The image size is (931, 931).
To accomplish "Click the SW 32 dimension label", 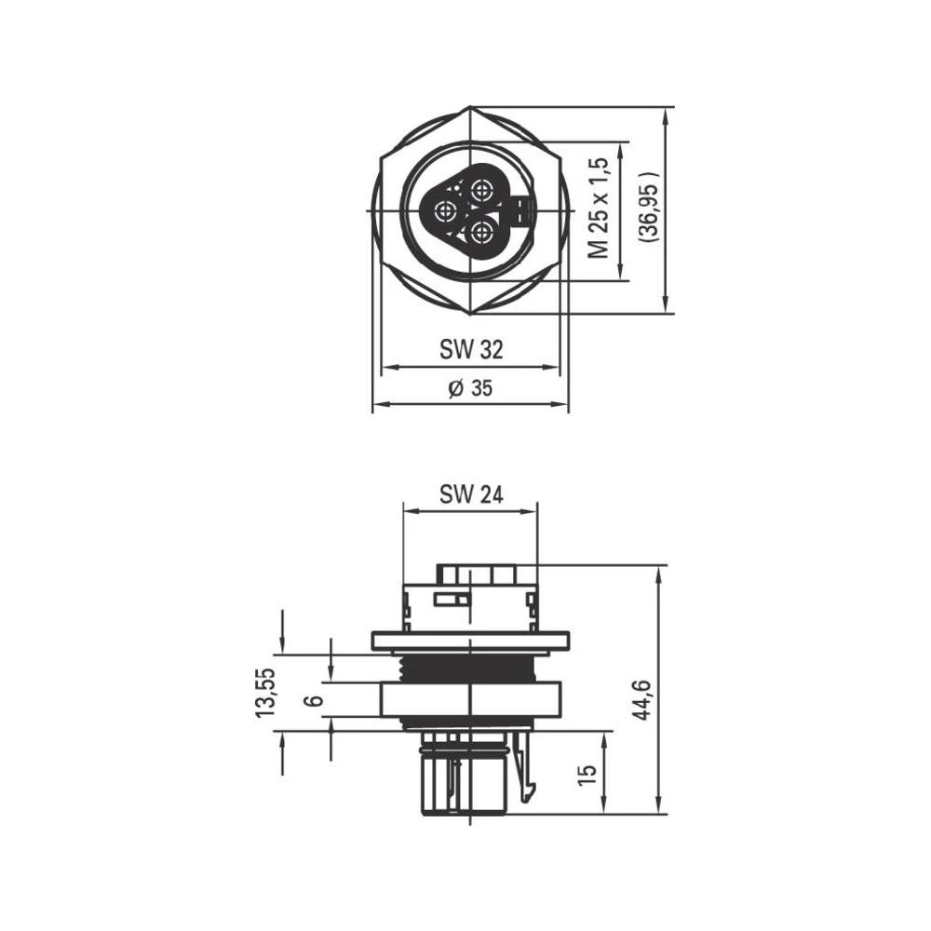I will pos(471,350).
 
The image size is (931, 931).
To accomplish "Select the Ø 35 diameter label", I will pos(470,389).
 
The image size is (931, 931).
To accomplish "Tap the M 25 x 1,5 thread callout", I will pos(600,208).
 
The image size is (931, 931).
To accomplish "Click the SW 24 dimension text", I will pos(471,495).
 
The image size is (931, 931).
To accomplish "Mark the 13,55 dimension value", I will pos(266,692).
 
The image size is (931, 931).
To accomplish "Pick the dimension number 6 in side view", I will pos(316,699).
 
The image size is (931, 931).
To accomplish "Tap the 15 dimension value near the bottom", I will pos(587,776).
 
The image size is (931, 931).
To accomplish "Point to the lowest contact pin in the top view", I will pos(481,232).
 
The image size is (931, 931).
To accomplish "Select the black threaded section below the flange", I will pos(470,667).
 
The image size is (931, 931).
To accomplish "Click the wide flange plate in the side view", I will pos(470,641).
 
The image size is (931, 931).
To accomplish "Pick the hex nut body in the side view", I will pos(470,699).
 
